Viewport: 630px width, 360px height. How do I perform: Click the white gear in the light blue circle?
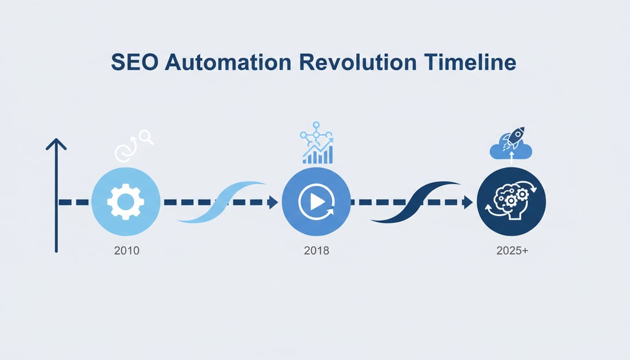[x=125, y=202]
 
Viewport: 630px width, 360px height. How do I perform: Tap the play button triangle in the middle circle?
[x=316, y=202]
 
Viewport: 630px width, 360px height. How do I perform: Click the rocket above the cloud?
[x=516, y=137]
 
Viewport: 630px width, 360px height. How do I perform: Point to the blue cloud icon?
[x=511, y=150]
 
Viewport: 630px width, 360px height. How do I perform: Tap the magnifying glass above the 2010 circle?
[x=146, y=137]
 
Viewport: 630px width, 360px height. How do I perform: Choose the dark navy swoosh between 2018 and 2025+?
[x=414, y=202]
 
